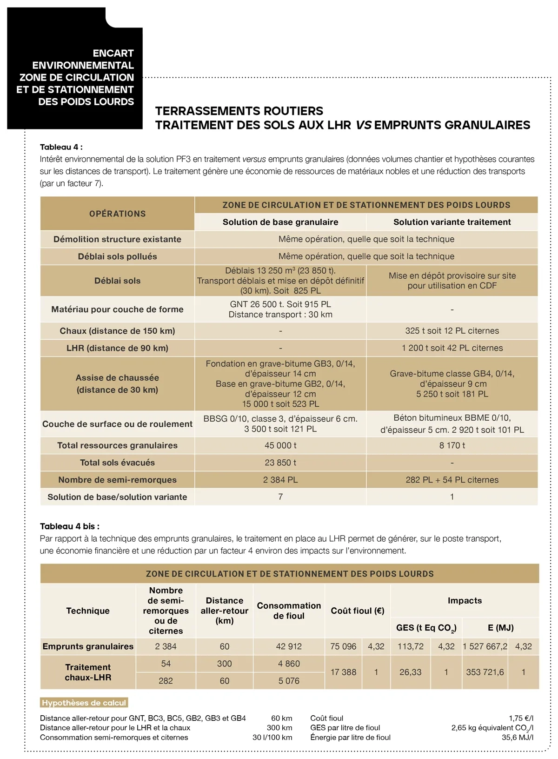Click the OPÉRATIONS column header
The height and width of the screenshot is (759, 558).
click(x=117, y=214)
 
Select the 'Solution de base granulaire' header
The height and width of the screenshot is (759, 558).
click(x=280, y=222)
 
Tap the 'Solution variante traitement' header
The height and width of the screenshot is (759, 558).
click(x=452, y=222)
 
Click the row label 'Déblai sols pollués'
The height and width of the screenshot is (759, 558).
click(x=117, y=256)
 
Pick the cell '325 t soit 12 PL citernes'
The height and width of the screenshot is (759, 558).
click(x=452, y=331)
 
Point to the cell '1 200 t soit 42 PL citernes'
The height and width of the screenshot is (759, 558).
click(x=452, y=348)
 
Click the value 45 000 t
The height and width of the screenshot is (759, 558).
click(x=280, y=445)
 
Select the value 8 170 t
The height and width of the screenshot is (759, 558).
click(x=452, y=445)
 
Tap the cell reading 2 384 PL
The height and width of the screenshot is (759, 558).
click(x=280, y=480)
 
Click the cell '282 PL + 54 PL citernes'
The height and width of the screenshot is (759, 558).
click(x=452, y=480)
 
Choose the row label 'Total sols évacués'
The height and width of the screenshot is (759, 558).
click(x=117, y=463)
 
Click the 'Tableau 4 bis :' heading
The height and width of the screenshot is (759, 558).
click(x=70, y=526)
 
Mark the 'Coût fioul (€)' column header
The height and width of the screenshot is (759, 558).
click(x=358, y=611)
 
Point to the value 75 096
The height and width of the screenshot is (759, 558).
click(x=343, y=646)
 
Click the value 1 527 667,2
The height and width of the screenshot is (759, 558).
click(x=485, y=646)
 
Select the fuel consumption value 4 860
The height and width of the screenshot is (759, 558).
click(x=289, y=664)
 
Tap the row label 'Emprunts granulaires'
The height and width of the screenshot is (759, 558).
click(x=88, y=646)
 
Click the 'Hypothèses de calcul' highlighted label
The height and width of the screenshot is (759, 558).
click(x=84, y=703)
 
